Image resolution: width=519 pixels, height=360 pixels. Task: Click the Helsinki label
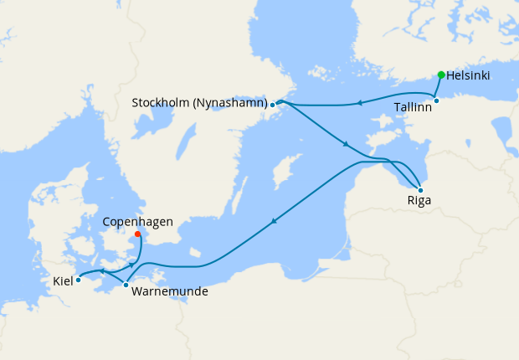click(x=468, y=75)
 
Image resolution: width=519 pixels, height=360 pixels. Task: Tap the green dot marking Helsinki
click(x=441, y=75)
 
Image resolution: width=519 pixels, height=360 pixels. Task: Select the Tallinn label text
click(x=413, y=107)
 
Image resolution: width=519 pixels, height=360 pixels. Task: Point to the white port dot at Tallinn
click(x=436, y=101)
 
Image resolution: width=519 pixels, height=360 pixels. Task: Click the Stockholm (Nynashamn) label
click(x=200, y=103)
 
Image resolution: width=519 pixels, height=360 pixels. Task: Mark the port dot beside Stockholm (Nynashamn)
click(x=273, y=105)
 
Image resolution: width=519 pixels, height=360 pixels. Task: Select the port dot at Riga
click(x=419, y=190)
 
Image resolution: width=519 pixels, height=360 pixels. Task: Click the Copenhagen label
click(x=137, y=222)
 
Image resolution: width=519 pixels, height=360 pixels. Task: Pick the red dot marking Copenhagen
click(x=137, y=234)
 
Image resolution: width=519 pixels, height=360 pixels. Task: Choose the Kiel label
click(x=63, y=280)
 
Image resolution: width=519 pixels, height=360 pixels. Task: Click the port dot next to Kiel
click(x=78, y=280)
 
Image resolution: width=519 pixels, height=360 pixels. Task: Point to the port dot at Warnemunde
click(x=126, y=285)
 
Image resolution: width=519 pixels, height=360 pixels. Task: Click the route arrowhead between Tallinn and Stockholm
click(x=358, y=103)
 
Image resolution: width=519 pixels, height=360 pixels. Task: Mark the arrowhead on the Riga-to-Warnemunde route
click(x=273, y=222)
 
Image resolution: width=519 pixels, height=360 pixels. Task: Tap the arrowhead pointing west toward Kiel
click(x=101, y=271)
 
